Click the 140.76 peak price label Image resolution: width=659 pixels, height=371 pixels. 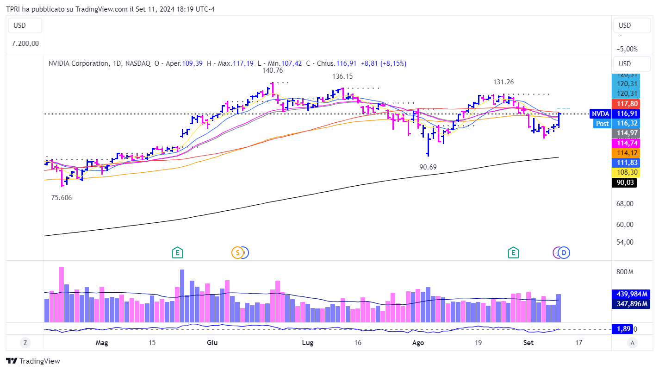[272, 71]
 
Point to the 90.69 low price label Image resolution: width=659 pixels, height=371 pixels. [428, 167]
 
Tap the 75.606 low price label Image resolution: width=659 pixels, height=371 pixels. [62, 198]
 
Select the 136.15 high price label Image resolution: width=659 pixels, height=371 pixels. [342, 76]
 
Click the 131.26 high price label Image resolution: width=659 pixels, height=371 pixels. [503, 82]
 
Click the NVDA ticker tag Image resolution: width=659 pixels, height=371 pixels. [600, 113]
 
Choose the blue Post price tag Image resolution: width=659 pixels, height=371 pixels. [602, 124]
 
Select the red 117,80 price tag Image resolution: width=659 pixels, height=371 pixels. [625, 104]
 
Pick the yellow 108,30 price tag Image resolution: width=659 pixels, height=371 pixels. [625, 172]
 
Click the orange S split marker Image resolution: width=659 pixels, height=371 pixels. [237, 252]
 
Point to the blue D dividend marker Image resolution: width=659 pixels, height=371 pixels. [564, 252]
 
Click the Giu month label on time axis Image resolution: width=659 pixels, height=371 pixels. [212, 343]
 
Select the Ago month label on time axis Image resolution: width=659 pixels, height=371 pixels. [418, 343]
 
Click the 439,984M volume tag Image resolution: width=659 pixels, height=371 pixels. [631, 294]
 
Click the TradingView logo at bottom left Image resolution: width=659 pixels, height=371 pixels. [33, 361]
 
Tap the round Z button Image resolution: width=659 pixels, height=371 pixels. [25, 343]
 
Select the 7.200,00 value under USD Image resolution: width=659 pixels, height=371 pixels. [25, 44]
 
